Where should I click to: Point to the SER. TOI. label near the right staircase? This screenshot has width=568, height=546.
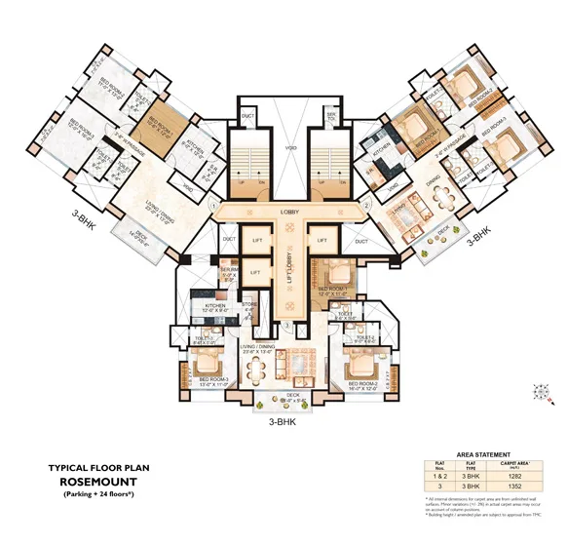332,117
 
